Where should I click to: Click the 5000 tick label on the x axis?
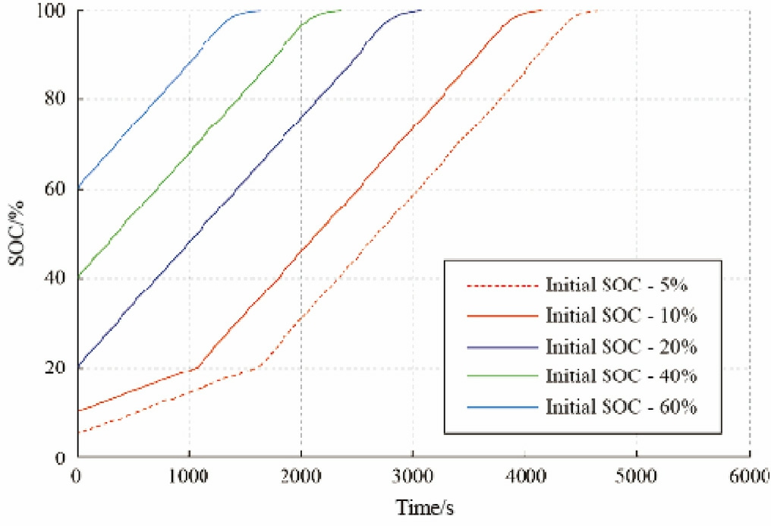coord(637,475)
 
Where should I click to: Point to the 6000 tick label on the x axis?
coord(748,475)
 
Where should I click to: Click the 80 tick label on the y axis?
coord(56,99)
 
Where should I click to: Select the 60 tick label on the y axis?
coord(56,188)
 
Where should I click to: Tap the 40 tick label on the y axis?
coord(56,278)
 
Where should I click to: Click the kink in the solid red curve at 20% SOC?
coord(197,368)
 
